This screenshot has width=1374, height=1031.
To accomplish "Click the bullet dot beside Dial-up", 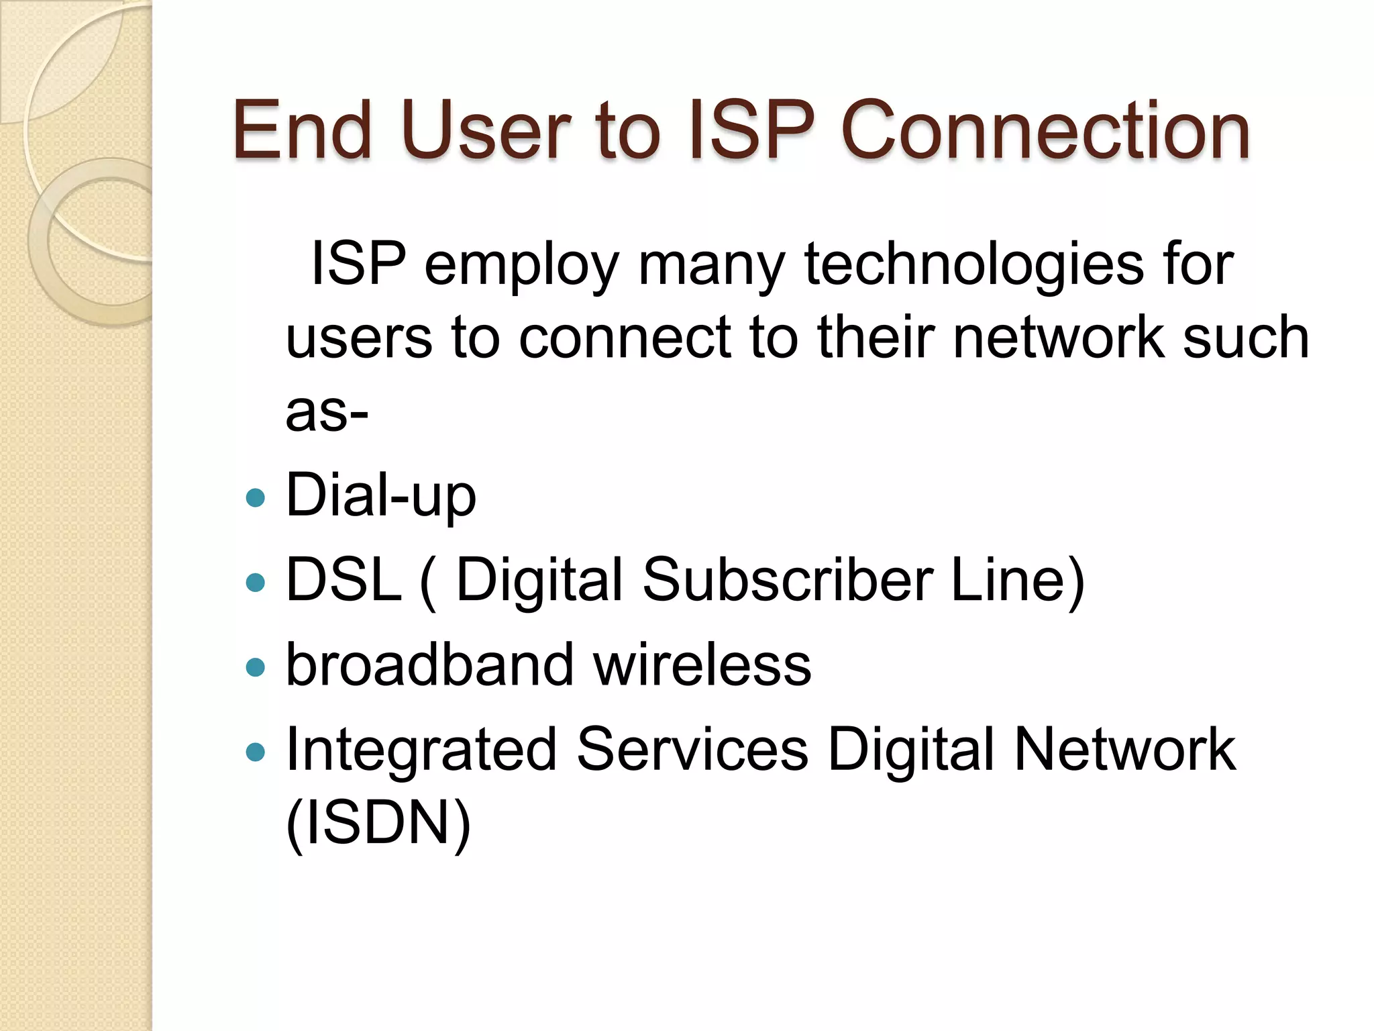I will pyautogui.click(x=256, y=497).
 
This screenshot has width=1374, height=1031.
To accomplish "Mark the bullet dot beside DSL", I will pyautogui.click(x=256, y=582).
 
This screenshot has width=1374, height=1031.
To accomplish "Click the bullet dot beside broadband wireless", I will pyautogui.click(x=256, y=667).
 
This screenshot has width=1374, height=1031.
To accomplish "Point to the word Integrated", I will pyautogui.click(x=421, y=750).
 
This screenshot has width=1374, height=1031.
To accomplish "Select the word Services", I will pyautogui.click(x=692, y=750).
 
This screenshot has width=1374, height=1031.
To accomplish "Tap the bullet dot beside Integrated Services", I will pyautogui.click(x=256, y=752).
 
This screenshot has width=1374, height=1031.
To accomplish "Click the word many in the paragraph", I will pyautogui.click(x=711, y=265).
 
